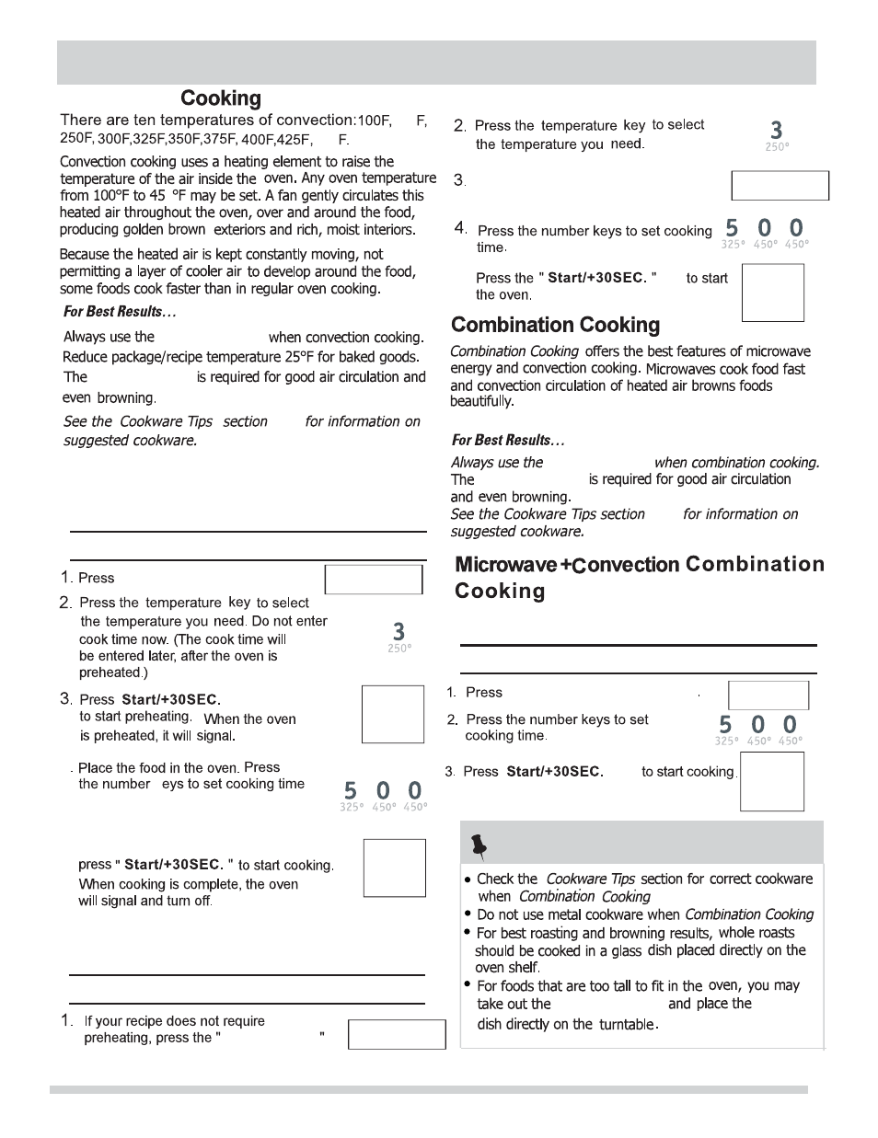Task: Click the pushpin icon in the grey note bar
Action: pyautogui.click(x=478, y=844)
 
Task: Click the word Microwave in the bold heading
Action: pyautogui.click(x=505, y=565)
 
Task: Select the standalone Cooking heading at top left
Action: pyautogui.click(x=221, y=98)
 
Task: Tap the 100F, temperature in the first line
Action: pyautogui.click(x=375, y=121)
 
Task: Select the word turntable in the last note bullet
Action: pyautogui.click(x=628, y=1024)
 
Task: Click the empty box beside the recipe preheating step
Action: pyautogui.click(x=397, y=1034)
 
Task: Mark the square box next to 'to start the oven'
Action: pyautogui.click(x=772, y=293)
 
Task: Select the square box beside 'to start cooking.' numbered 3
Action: pyautogui.click(x=771, y=782)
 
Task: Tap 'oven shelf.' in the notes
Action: pyautogui.click(x=508, y=968)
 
